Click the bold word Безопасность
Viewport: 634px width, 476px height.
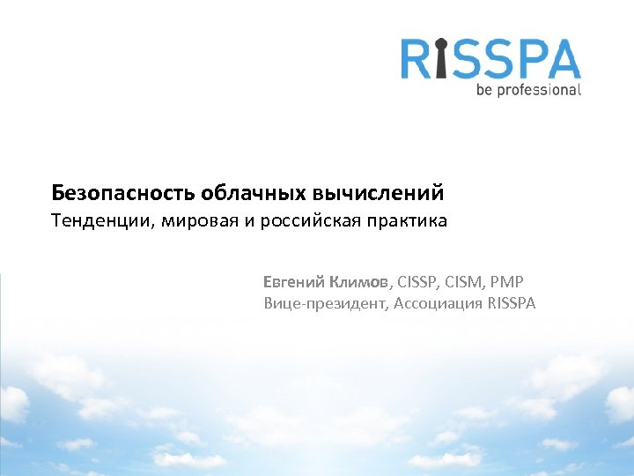pyautogui.click(x=122, y=191)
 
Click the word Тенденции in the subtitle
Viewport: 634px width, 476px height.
pyautogui.click(x=100, y=220)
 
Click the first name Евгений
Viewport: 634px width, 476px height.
pyautogui.click(x=293, y=282)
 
